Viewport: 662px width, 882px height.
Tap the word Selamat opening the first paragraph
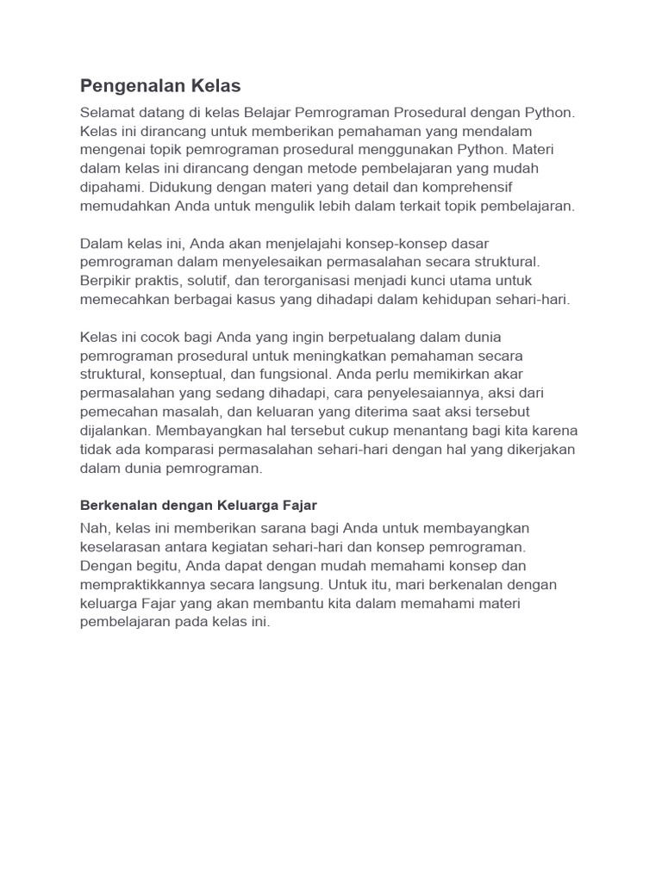(106, 112)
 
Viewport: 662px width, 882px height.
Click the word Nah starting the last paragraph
(93, 527)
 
